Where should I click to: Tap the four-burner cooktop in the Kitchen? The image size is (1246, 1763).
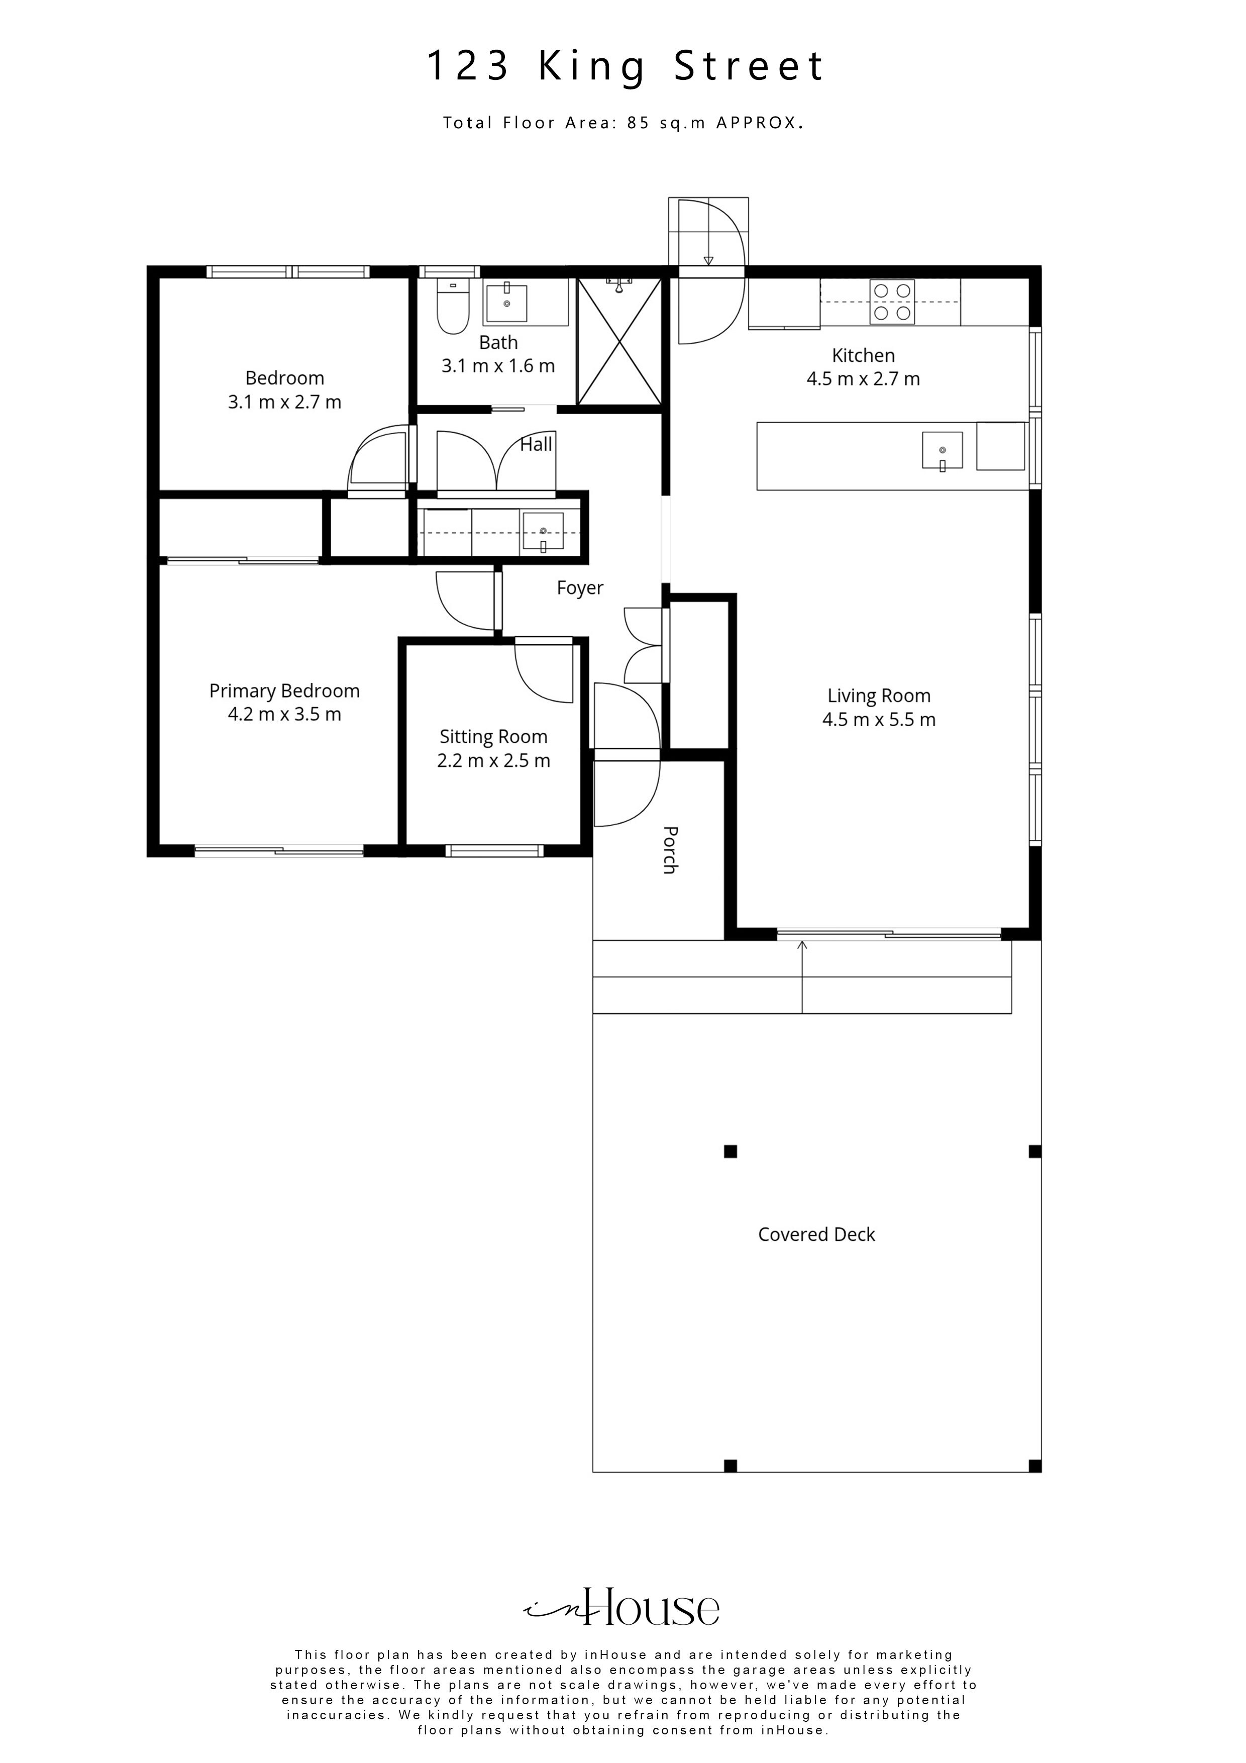pos(892,302)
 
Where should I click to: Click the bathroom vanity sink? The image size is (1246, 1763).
pos(507,303)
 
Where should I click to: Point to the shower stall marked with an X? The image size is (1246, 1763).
pos(619,341)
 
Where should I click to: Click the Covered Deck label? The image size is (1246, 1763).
pos(816,1234)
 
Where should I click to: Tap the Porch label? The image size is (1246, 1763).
pos(669,850)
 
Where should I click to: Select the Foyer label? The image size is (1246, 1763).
pos(580,588)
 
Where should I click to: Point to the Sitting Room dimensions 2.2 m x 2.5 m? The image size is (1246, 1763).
pos(494,761)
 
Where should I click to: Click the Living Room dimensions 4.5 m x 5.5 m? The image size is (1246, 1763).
pos(879,720)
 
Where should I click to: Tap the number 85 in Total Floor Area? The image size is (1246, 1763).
pos(639,123)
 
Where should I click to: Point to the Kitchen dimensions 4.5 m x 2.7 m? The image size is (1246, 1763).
pos(863,378)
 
